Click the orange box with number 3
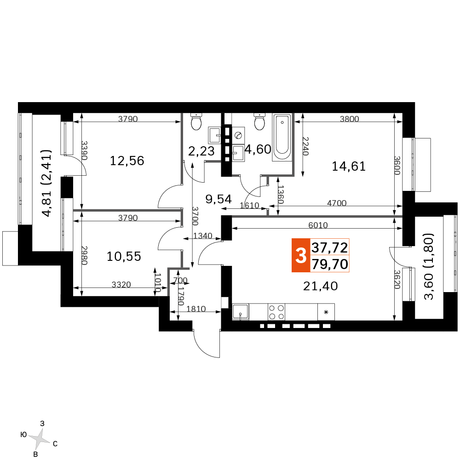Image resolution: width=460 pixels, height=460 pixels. [301, 255]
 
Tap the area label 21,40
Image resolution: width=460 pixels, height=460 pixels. [320, 286]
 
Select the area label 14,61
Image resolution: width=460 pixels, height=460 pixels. [349, 167]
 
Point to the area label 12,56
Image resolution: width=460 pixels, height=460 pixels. [127, 161]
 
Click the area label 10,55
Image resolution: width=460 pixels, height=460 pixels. [124, 256]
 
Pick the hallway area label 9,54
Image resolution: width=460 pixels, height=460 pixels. [218, 199]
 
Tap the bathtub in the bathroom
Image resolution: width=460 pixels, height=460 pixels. [282, 137]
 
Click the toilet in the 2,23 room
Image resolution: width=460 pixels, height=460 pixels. [196, 121]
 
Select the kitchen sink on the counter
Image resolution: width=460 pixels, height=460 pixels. [241, 311]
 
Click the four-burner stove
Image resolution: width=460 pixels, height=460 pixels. [276, 312]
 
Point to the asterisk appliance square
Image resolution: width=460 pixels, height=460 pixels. [326, 312]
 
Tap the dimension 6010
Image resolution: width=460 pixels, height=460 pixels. [318, 225]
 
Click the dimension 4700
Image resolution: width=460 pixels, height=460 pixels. [337, 203]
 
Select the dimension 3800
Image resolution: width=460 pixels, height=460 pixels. [350, 119]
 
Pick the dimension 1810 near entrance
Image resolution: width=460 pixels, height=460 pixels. [196, 309]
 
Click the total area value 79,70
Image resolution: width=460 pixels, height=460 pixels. [330, 264]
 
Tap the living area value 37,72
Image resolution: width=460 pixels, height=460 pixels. [330, 247]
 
